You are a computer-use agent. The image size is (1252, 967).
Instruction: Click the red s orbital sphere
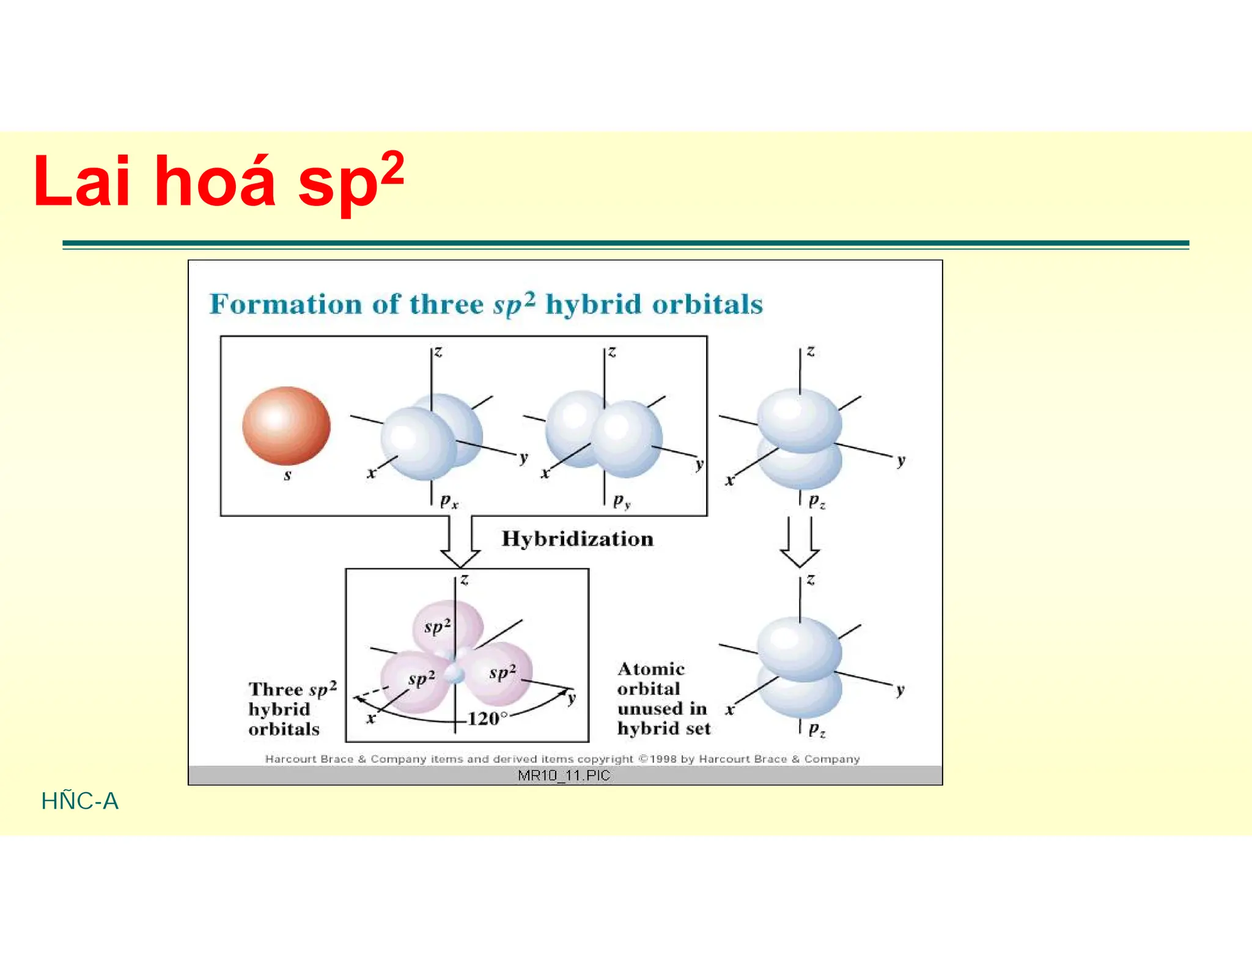coord(286,425)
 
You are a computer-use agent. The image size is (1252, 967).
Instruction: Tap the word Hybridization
coord(577,539)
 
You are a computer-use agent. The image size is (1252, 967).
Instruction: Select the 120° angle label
coord(487,718)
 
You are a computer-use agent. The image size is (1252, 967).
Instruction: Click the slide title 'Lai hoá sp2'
coord(218,181)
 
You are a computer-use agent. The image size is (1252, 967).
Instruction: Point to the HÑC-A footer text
coord(79,801)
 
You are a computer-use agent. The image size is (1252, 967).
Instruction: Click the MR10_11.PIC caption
coord(564,776)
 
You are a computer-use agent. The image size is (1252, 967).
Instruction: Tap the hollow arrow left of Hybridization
coord(460,542)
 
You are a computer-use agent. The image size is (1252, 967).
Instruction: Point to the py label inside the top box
coord(622,502)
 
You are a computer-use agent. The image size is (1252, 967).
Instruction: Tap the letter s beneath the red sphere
coord(287,475)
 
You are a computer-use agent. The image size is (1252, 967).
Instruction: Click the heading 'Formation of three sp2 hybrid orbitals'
coord(486,304)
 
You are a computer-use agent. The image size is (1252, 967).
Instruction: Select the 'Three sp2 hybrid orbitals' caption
coord(291,709)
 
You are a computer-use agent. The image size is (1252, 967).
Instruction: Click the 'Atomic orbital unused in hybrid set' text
coord(663,699)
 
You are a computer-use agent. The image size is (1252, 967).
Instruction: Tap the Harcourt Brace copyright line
coord(562,759)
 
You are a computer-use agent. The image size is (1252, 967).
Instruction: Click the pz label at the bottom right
coord(817,729)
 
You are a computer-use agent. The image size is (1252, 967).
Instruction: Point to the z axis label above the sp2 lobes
coord(465,579)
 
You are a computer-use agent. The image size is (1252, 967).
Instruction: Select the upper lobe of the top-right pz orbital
coord(799,421)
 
